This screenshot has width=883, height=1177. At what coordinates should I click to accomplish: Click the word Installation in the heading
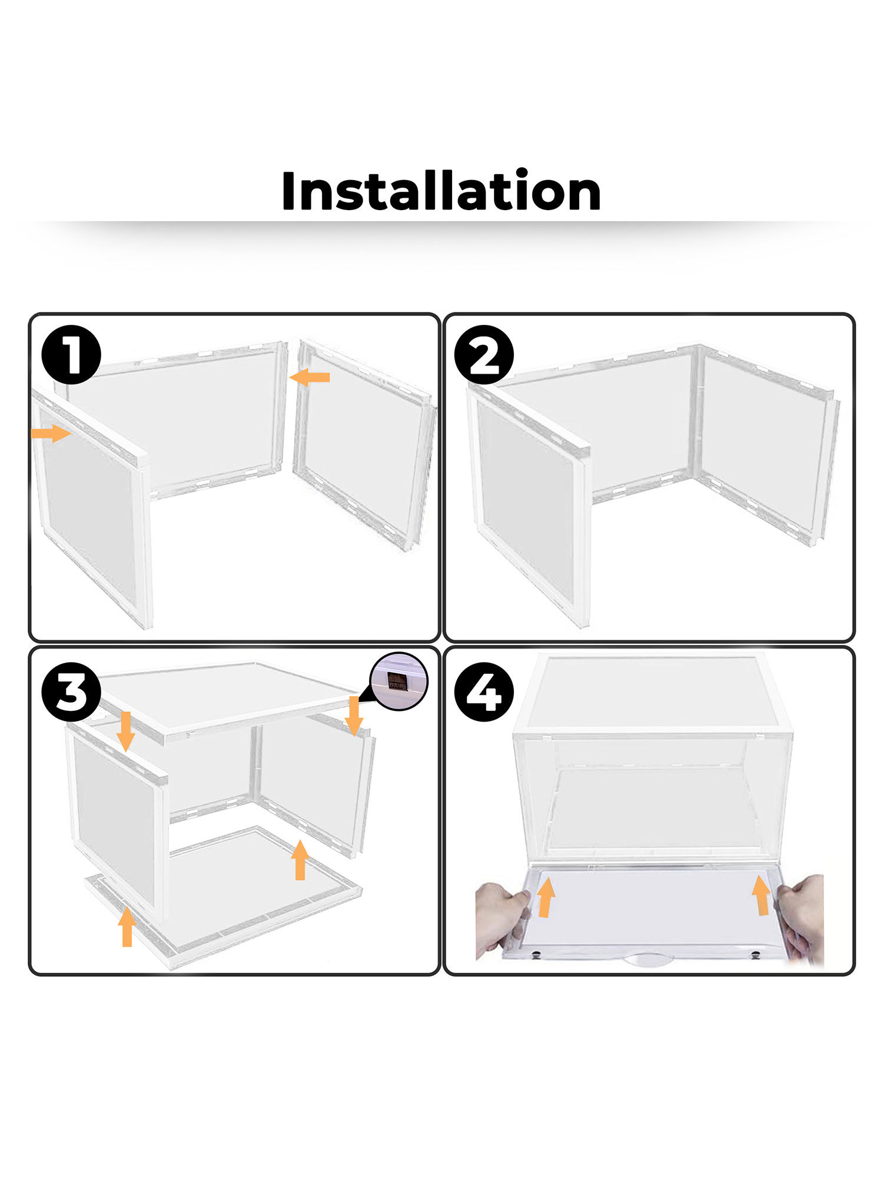pos(441,191)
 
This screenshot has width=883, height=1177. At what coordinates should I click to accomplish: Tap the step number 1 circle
pos(71,355)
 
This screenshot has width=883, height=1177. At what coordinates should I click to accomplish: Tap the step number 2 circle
pos(484,355)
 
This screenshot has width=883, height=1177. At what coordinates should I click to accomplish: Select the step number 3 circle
pos(71,691)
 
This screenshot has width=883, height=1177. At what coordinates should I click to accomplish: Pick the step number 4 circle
pos(484,691)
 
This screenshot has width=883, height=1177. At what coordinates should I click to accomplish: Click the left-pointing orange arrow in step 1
pos(310,377)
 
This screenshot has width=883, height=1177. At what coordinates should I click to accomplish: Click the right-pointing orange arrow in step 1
pos(51,434)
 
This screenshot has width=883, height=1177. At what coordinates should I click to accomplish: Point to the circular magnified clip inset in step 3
pos(399,681)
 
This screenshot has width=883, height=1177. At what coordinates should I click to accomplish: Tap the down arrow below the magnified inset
pos(353,716)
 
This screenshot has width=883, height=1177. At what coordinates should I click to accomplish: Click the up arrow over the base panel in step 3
pos(300,860)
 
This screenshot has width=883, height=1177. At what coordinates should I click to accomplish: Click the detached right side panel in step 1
pos(362,444)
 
